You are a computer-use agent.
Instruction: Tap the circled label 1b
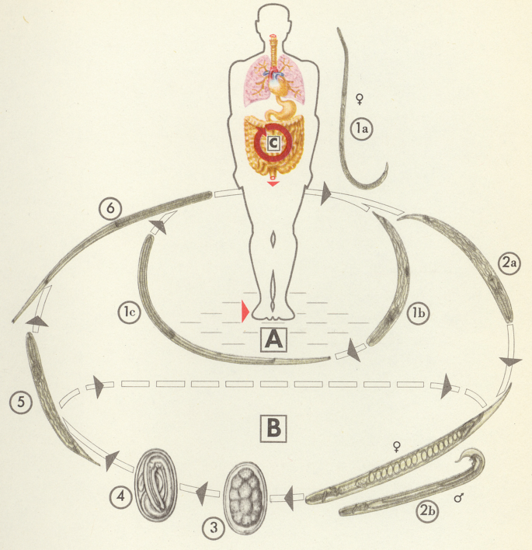417,314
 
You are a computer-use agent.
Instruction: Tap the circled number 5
20,401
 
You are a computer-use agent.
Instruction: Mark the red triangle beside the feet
245,312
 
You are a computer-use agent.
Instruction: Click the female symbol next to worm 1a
359,99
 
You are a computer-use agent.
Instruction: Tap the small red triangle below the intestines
273,184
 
